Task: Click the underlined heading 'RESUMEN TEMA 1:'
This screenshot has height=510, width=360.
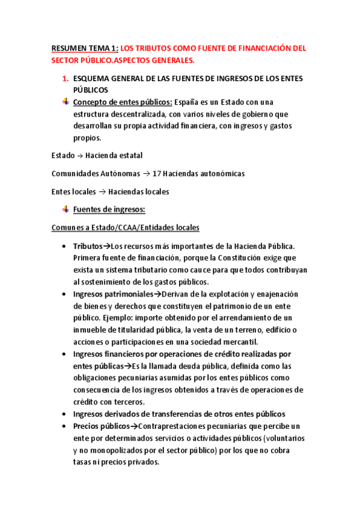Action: tap(84, 48)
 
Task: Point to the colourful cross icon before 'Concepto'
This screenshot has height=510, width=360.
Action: tap(66, 102)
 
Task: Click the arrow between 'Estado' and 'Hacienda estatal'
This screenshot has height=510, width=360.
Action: tap(80, 155)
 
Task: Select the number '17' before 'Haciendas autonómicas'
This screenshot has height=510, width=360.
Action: tap(158, 173)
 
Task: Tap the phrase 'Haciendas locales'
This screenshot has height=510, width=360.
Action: tap(138, 192)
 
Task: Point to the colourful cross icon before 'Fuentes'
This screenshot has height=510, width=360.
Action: tap(66, 209)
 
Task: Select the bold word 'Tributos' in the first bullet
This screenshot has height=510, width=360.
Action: tap(88, 246)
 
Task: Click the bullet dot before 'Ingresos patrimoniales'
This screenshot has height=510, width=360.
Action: tap(64, 294)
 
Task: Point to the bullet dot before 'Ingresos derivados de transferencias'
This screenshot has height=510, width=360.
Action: tap(64, 414)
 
